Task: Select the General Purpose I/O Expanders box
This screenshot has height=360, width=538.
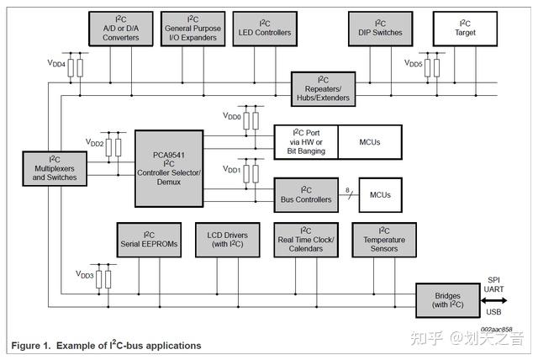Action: pos(192,29)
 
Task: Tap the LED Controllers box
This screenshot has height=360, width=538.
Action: pos(264,29)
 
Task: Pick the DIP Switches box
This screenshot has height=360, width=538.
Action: pos(375,29)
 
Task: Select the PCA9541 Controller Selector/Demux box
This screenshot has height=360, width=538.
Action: pos(169,168)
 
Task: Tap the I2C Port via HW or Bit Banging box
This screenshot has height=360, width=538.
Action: pos(307,142)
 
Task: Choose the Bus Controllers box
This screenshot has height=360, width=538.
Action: pos(306,194)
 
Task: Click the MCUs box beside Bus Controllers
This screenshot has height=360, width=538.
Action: pos(381,194)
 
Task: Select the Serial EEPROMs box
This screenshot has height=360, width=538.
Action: pos(149,240)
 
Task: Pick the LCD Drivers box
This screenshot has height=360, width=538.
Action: pos(226,240)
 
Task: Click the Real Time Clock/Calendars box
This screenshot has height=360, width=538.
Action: pos(305,240)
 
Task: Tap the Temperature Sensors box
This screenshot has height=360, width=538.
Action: pos(384,240)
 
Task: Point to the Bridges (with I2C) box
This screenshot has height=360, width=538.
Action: pos(446,300)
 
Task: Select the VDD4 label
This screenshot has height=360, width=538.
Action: pos(56,63)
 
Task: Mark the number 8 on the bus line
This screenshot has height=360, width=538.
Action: pos(346,190)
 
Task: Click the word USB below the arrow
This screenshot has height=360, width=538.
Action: pos(496,312)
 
